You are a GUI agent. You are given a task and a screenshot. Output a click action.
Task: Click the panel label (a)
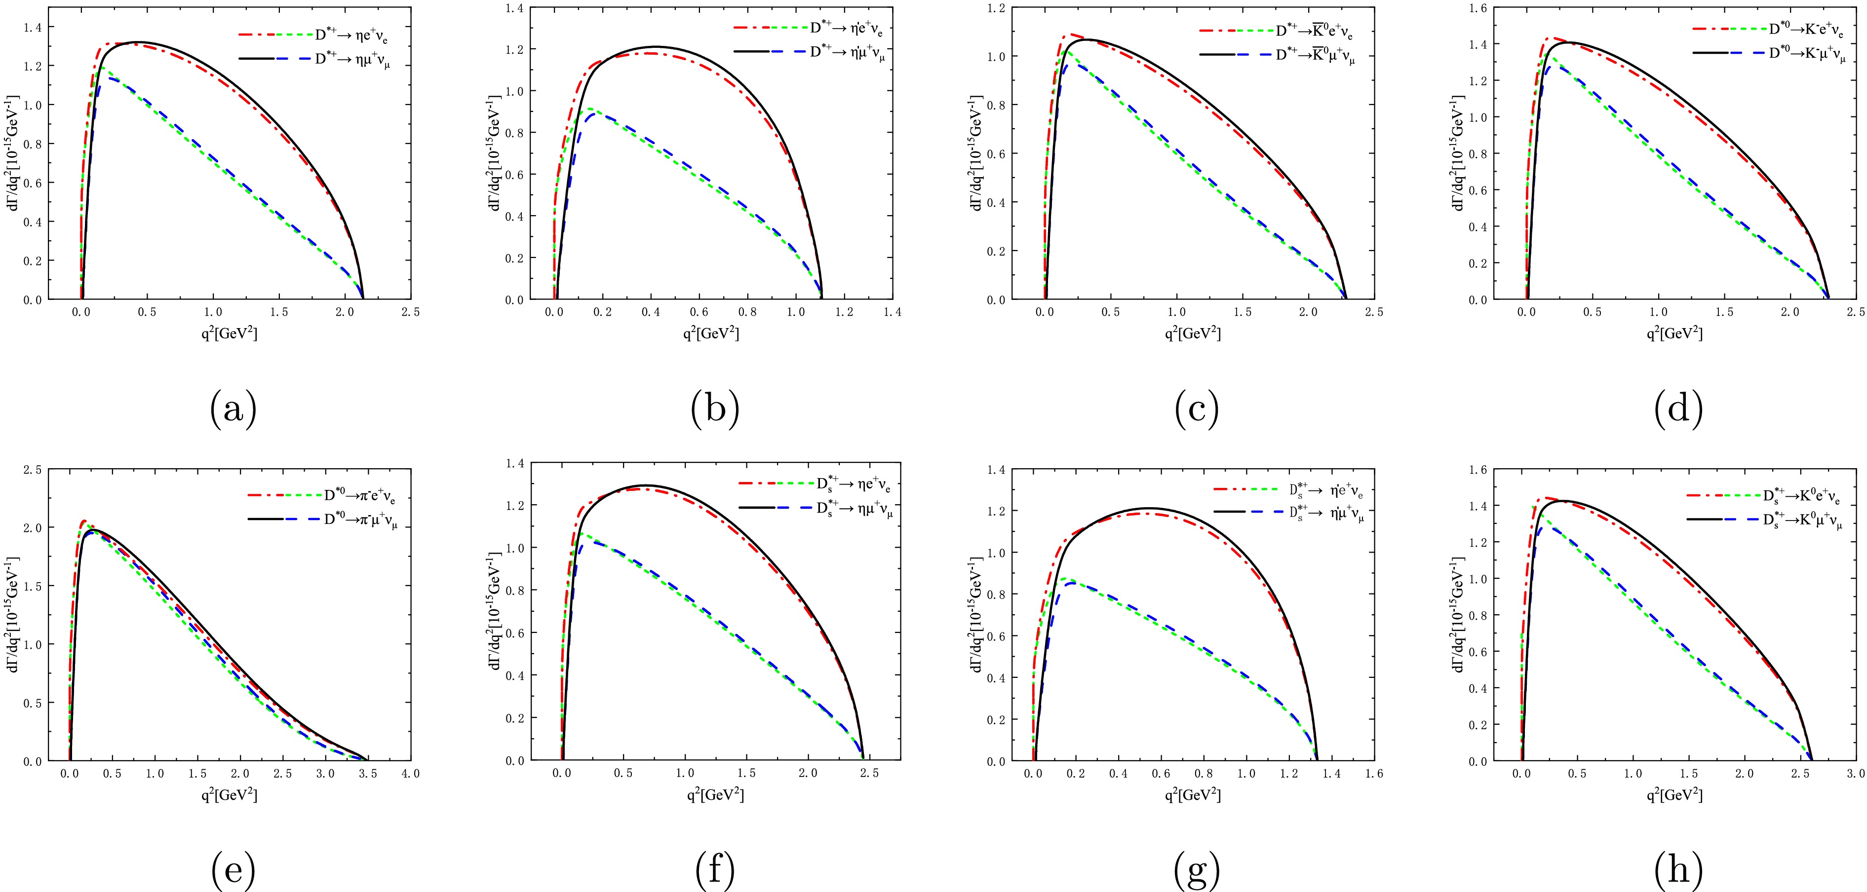(x=233, y=409)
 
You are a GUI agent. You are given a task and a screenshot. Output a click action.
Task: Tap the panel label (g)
(x=1197, y=871)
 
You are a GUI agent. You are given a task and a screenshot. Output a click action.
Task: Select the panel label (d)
(x=1678, y=409)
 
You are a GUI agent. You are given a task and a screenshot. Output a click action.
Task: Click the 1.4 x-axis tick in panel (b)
(x=892, y=312)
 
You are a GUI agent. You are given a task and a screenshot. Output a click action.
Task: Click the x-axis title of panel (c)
(x=1192, y=334)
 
